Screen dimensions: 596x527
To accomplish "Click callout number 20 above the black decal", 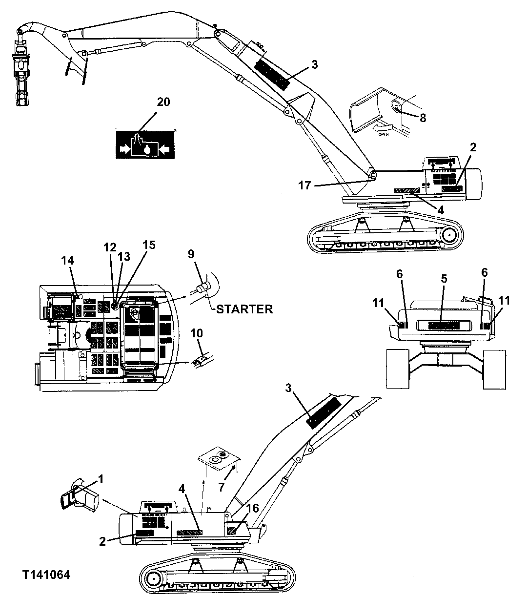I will (x=163, y=102).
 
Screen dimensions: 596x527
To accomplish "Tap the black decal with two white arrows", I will (x=145, y=144).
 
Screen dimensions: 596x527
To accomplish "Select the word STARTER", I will (x=244, y=309).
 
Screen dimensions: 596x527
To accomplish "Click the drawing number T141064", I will (x=46, y=575).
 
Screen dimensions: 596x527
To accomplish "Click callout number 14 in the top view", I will (x=68, y=261).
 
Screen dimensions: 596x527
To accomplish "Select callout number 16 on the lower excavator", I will (x=252, y=509).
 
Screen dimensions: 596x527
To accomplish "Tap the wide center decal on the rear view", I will (x=443, y=325).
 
